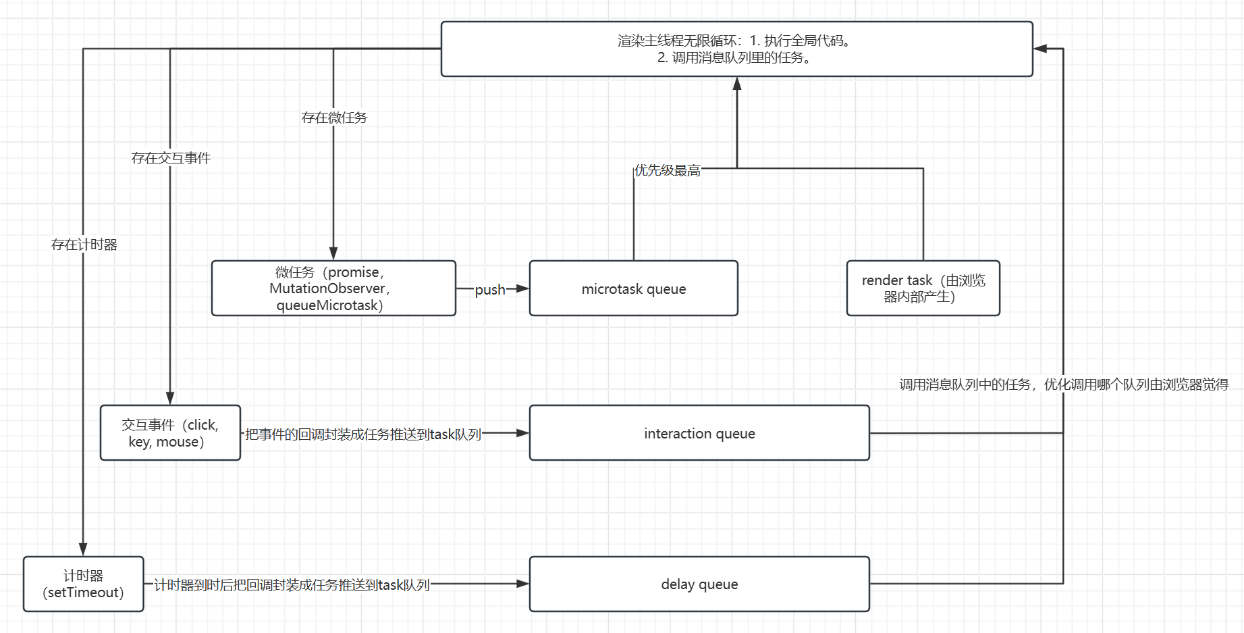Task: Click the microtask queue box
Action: (x=633, y=288)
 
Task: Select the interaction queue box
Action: (x=699, y=433)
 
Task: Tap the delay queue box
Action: (x=699, y=584)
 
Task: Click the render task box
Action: (x=923, y=288)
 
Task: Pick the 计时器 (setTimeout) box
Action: (x=83, y=584)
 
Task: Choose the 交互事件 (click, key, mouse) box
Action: (x=170, y=433)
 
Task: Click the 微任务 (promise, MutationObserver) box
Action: (x=333, y=288)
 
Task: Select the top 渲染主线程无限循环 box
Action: (x=736, y=49)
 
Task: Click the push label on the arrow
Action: (x=490, y=290)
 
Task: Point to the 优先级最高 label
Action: (x=667, y=170)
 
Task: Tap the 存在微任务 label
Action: (x=334, y=118)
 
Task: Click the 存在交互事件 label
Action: (x=171, y=158)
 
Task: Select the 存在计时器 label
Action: (x=84, y=245)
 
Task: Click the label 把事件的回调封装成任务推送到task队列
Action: (x=362, y=434)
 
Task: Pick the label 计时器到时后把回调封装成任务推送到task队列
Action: (x=292, y=585)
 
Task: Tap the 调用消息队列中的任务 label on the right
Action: (x=1063, y=384)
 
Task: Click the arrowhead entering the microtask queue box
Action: (x=522, y=288)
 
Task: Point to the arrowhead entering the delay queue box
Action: (x=522, y=584)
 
